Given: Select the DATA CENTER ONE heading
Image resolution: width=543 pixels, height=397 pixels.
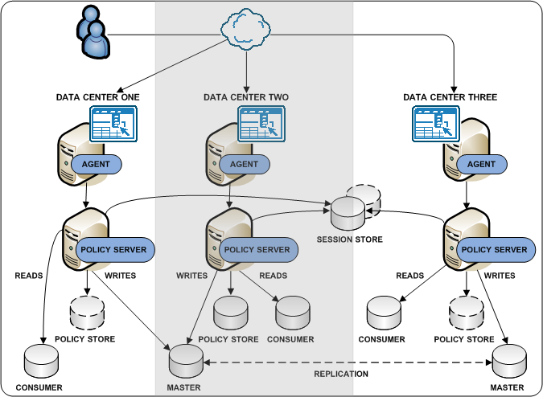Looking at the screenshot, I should point(97,97).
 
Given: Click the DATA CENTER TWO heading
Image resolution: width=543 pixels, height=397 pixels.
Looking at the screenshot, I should point(245,97).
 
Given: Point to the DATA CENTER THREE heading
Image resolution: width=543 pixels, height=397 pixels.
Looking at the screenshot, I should point(450,97).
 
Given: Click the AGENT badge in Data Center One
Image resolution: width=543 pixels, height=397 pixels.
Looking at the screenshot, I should point(97,164).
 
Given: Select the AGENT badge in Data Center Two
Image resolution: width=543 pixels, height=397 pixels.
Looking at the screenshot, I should point(245,164).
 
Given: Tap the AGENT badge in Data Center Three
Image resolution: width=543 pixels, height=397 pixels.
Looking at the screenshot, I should point(481,164).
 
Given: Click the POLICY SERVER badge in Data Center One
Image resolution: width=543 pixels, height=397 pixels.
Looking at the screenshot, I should point(113,250).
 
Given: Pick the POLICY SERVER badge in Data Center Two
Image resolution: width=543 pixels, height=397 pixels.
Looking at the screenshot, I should point(257,250).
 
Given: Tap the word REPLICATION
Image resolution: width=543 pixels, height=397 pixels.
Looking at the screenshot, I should point(341,374).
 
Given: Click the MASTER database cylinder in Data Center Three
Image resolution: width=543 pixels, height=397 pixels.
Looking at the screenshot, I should point(510,362).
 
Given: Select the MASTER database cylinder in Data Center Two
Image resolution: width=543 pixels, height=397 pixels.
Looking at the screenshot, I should point(184,362).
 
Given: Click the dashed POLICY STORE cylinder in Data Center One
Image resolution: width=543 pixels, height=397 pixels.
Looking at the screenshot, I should point(86,313).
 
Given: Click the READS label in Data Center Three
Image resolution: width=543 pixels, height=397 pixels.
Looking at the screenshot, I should point(409,276).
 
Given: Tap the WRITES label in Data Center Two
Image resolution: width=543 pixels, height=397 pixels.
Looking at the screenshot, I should point(191,276).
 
